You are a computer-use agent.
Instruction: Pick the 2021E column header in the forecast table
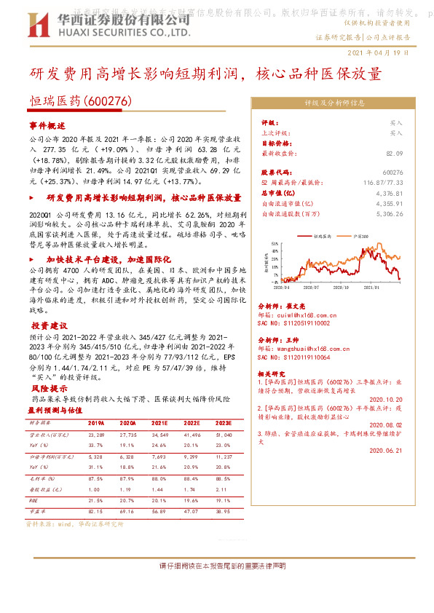[x=160, y=422]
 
